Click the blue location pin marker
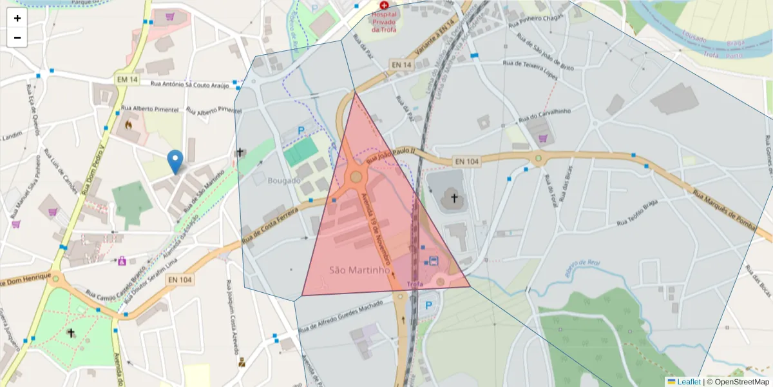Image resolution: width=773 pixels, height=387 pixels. click(x=175, y=161)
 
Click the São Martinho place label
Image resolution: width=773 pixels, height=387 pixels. click(x=359, y=270)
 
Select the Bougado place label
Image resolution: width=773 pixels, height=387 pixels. click(x=284, y=181)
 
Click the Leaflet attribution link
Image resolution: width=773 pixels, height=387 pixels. click(x=689, y=382)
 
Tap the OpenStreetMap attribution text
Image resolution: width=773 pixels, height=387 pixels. click(x=741, y=382)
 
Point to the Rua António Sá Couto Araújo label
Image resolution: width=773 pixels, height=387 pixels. click(x=189, y=84)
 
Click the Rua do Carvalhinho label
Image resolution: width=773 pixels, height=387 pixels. click(x=545, y=115)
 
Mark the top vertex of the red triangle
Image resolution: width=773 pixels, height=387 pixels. click(x=355, y=92)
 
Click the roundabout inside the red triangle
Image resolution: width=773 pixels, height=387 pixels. click(x=356, y=175)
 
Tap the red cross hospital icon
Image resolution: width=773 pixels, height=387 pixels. click(x=385, y=5)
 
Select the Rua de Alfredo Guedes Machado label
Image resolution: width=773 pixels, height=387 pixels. click(x=341, y=316)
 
